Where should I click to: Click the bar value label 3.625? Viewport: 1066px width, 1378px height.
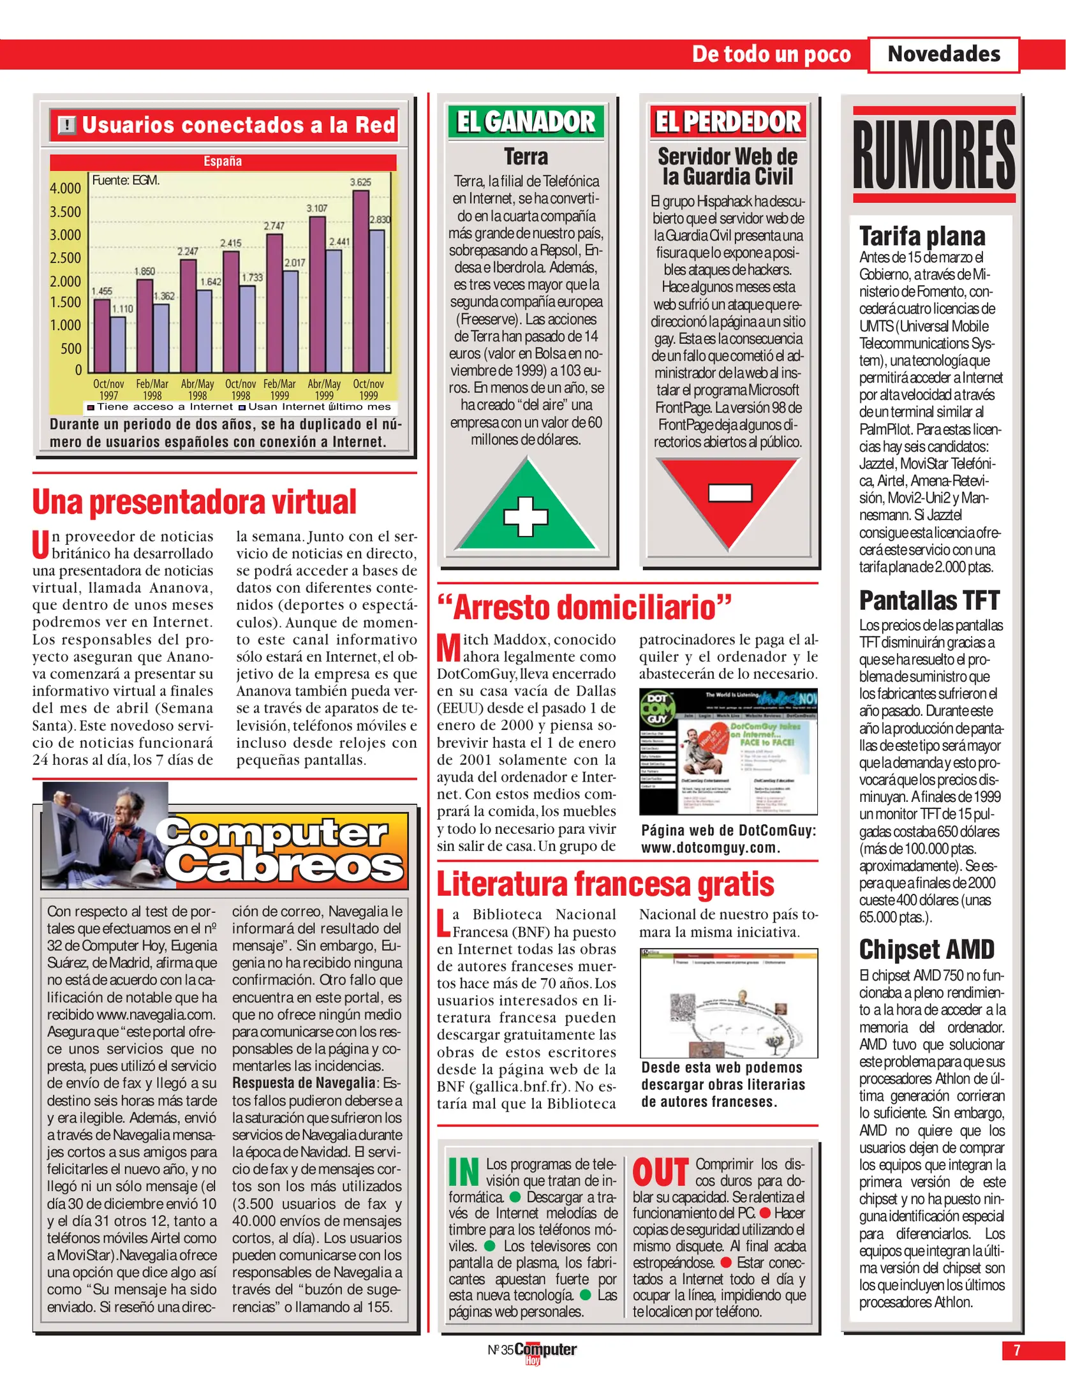(x=360, y=182)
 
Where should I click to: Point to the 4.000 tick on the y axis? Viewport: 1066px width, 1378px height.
(x=65, y=188)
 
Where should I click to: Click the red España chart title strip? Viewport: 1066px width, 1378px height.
(x=223, y=161)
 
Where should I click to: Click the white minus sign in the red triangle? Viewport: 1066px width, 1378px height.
(x=730, y=493)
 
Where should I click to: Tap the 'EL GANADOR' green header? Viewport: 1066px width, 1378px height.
(x=526, y=122)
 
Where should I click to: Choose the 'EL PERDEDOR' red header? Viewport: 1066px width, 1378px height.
(x=728, y=122)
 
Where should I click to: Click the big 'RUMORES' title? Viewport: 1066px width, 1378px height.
(x=934, y=155)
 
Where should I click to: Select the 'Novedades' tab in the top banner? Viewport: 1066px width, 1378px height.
(x=944, y=54)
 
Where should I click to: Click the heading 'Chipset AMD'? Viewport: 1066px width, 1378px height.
(x=926, y=949)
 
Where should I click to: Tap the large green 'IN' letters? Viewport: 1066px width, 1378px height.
(x=464, y=1172)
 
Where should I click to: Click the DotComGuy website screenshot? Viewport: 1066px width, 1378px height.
(x=728, y=751)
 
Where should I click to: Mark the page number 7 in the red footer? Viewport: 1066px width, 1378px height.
(x=1017, y=1350)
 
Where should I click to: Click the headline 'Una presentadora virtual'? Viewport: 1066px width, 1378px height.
(x=194, y=502)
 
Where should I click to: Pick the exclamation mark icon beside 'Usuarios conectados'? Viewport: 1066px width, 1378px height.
(x=66, y=125)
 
